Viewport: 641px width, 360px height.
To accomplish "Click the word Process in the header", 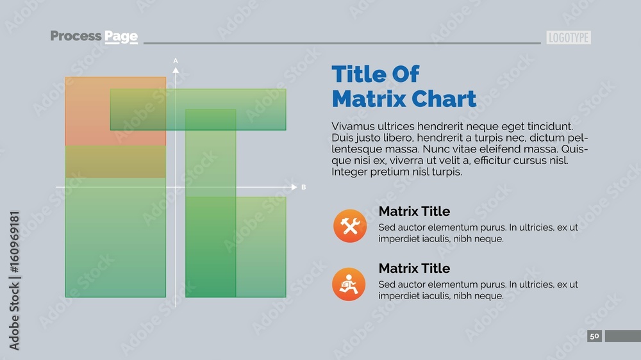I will tap(75, 36).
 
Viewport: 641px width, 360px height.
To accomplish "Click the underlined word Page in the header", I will tap(121, 37).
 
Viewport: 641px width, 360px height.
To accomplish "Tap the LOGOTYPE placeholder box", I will tap(569, 38).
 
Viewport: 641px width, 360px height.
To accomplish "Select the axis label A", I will tap(176, 60).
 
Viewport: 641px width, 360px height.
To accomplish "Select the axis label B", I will tap(304, 187).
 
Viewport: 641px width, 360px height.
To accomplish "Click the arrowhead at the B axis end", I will tap(294, 187).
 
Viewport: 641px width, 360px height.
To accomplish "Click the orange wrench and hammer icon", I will tap(349, 226).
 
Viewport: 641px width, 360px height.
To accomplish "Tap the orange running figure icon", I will tap(349, 284).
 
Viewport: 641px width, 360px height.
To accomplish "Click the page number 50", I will tap(594, 336).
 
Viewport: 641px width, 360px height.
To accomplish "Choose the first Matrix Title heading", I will tap(414, 211).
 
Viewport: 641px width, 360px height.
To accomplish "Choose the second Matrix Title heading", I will tap(414, 268).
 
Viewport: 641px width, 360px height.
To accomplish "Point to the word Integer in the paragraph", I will tap(351, 172).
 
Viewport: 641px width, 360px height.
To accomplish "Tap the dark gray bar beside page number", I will tap(622, 336).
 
